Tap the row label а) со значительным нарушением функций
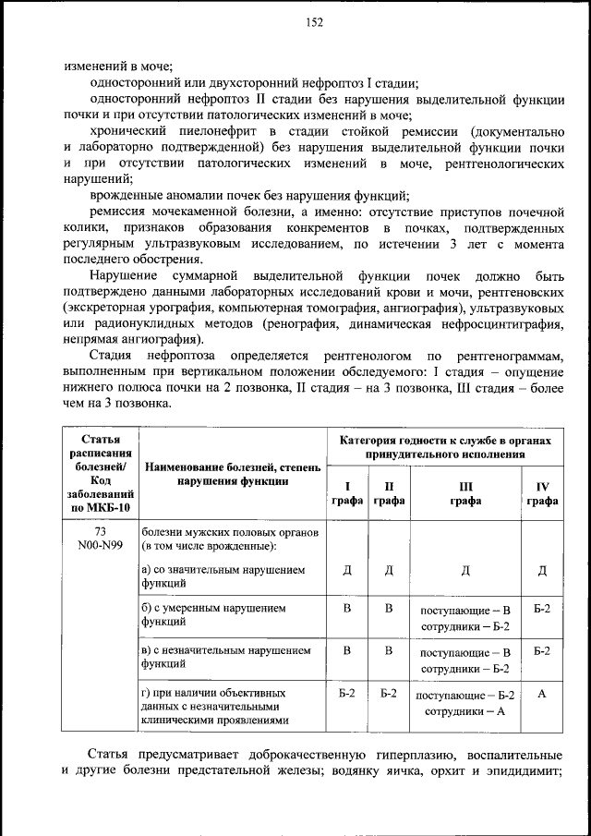pyautogui.click(x=222, y=576)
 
